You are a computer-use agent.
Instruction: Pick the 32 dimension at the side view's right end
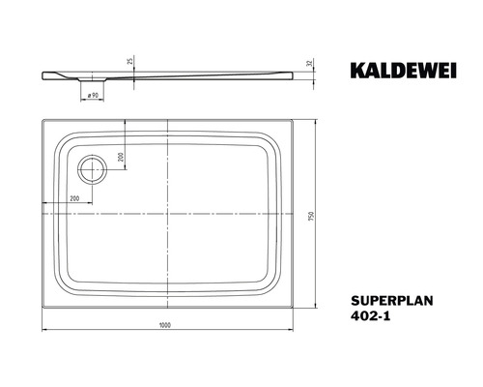pyautogui.click(x=311, y=65)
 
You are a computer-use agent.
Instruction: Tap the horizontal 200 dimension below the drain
pyautogui.click(x=74, y=197)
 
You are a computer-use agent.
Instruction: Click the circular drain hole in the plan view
pyautogui.click(x=93, y=170)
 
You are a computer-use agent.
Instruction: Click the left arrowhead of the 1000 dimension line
pyautogui.click(x=45, y=331)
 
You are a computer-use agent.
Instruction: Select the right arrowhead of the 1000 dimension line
pyautogui.click(x=294, y=331)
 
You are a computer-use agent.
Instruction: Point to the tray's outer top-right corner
pyautogui.click(x=296, y=120)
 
